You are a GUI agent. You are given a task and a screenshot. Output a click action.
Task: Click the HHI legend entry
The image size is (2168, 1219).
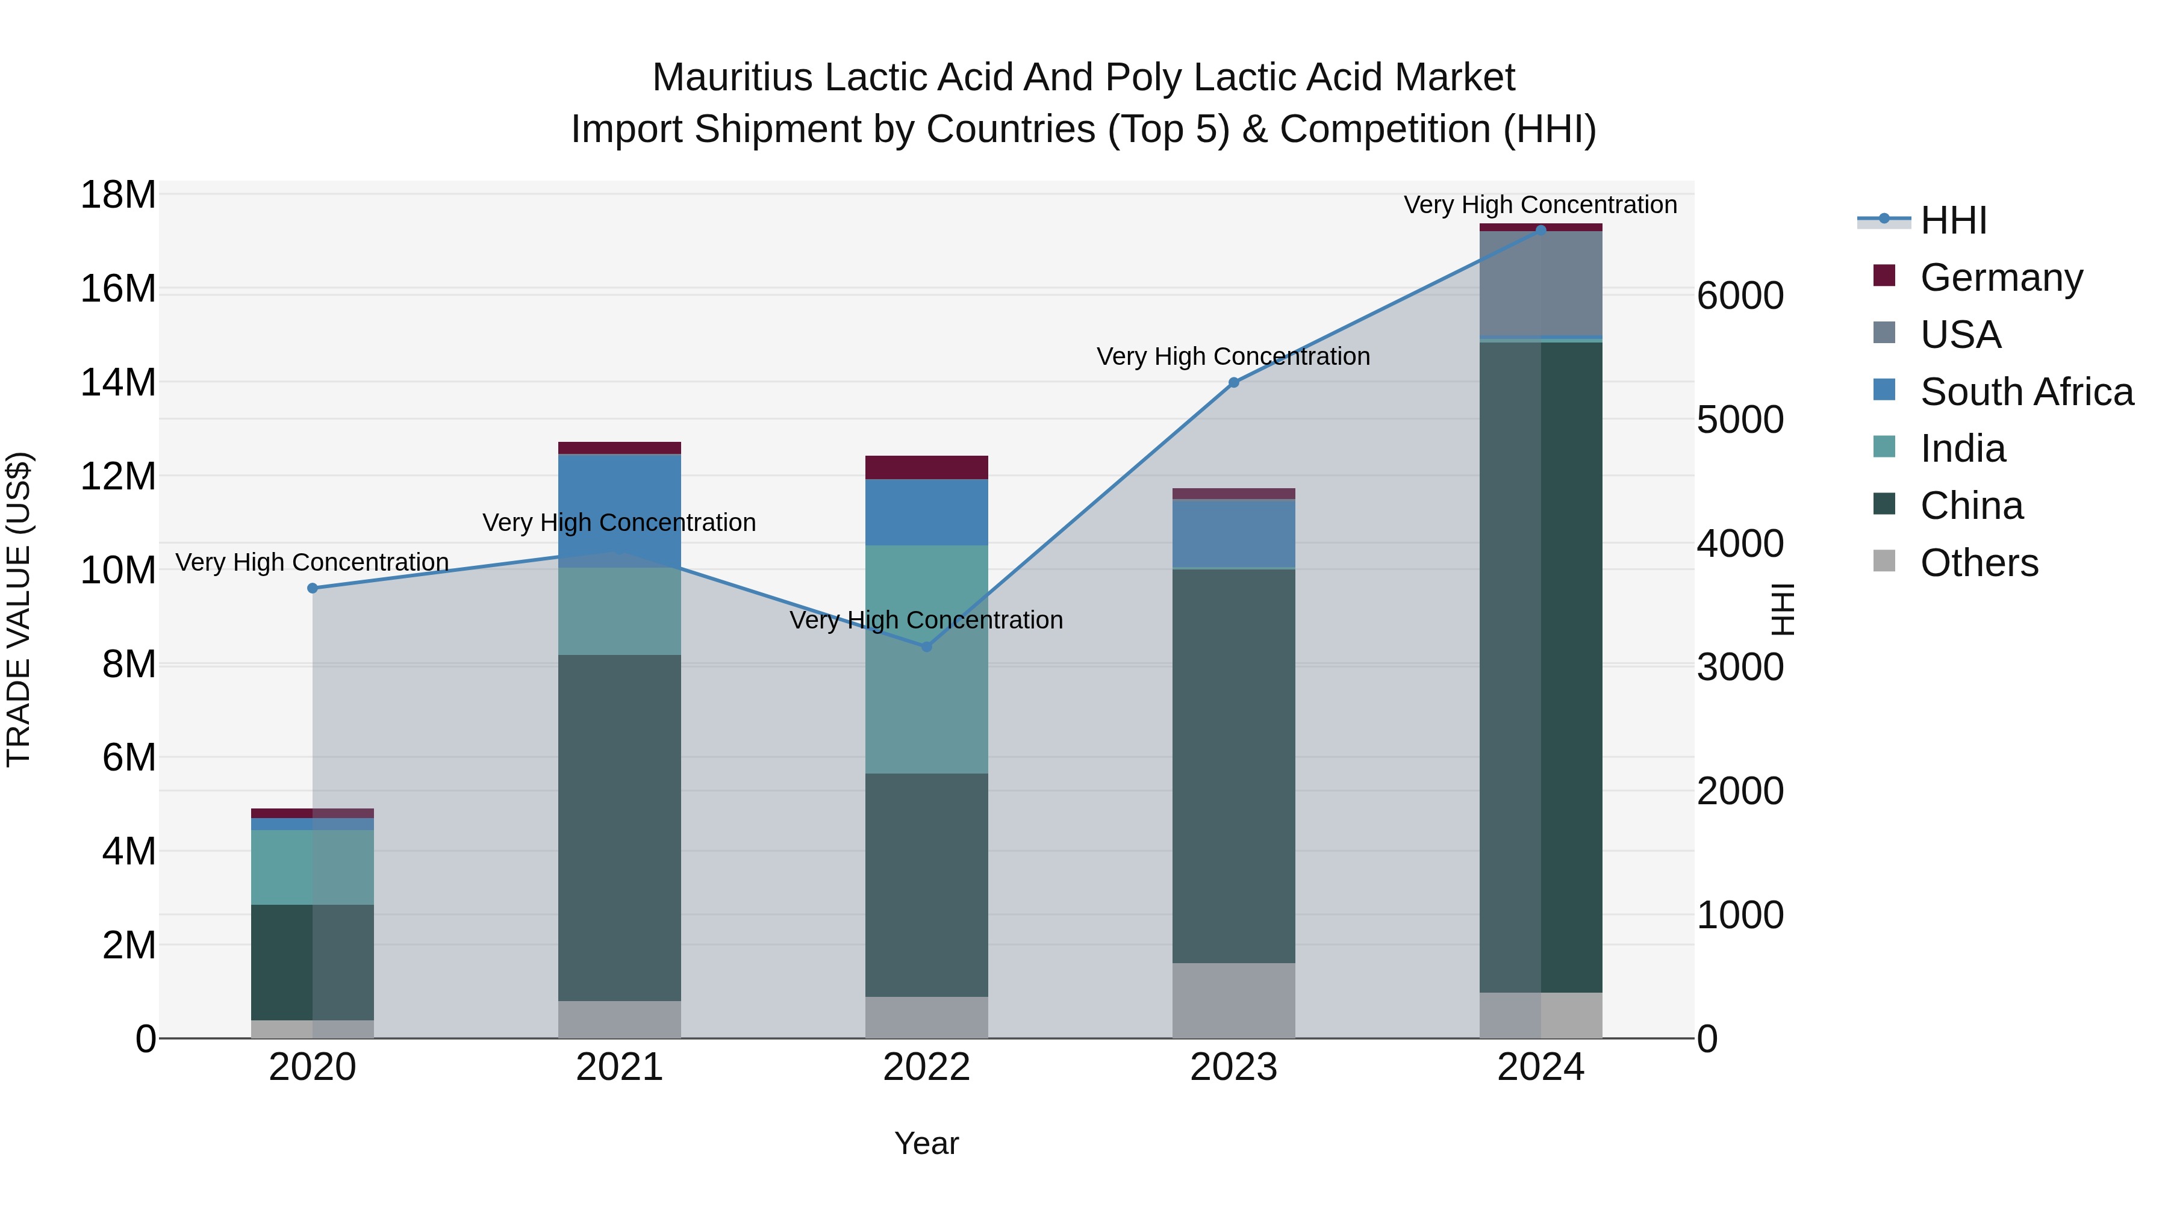1952,220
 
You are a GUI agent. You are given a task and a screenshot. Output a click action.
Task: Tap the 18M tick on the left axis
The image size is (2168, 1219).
118,195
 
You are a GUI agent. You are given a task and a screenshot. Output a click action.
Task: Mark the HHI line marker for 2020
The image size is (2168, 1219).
312,588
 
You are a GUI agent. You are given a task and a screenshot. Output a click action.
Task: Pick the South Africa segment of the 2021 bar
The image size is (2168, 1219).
620,510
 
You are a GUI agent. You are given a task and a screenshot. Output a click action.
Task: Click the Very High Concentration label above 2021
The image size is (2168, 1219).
620,523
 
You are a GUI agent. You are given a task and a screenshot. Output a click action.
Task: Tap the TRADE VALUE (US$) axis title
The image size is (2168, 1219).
19,609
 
